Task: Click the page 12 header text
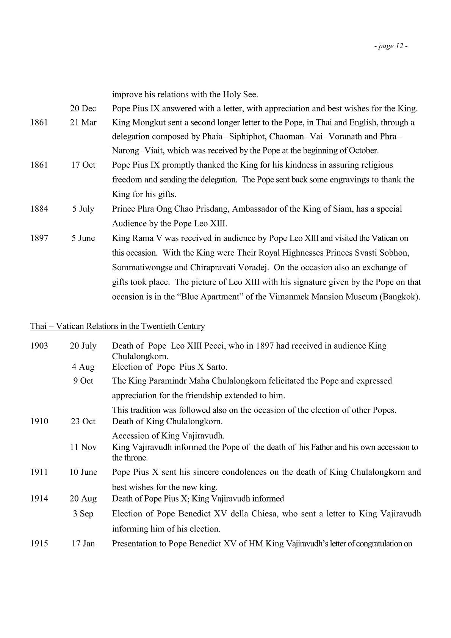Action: coord(391,46)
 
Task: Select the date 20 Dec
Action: coord(83,109)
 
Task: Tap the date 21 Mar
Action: coord(83,123)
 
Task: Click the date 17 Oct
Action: coord(83,165)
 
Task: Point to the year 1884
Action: coord(39,209)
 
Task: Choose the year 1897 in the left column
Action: coord(39,238)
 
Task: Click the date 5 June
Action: coord(83,238)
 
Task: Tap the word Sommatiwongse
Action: coord(141,267)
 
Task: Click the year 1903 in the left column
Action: coord(39,346)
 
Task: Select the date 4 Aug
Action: coord(83,367)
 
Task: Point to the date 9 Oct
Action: coord(83,381)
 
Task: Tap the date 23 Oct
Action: coord(83,422)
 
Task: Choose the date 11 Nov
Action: coord(83,447)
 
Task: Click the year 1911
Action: coord(39,472)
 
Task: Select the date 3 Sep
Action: coord(83,514)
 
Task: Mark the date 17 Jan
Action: coord(83,544)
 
